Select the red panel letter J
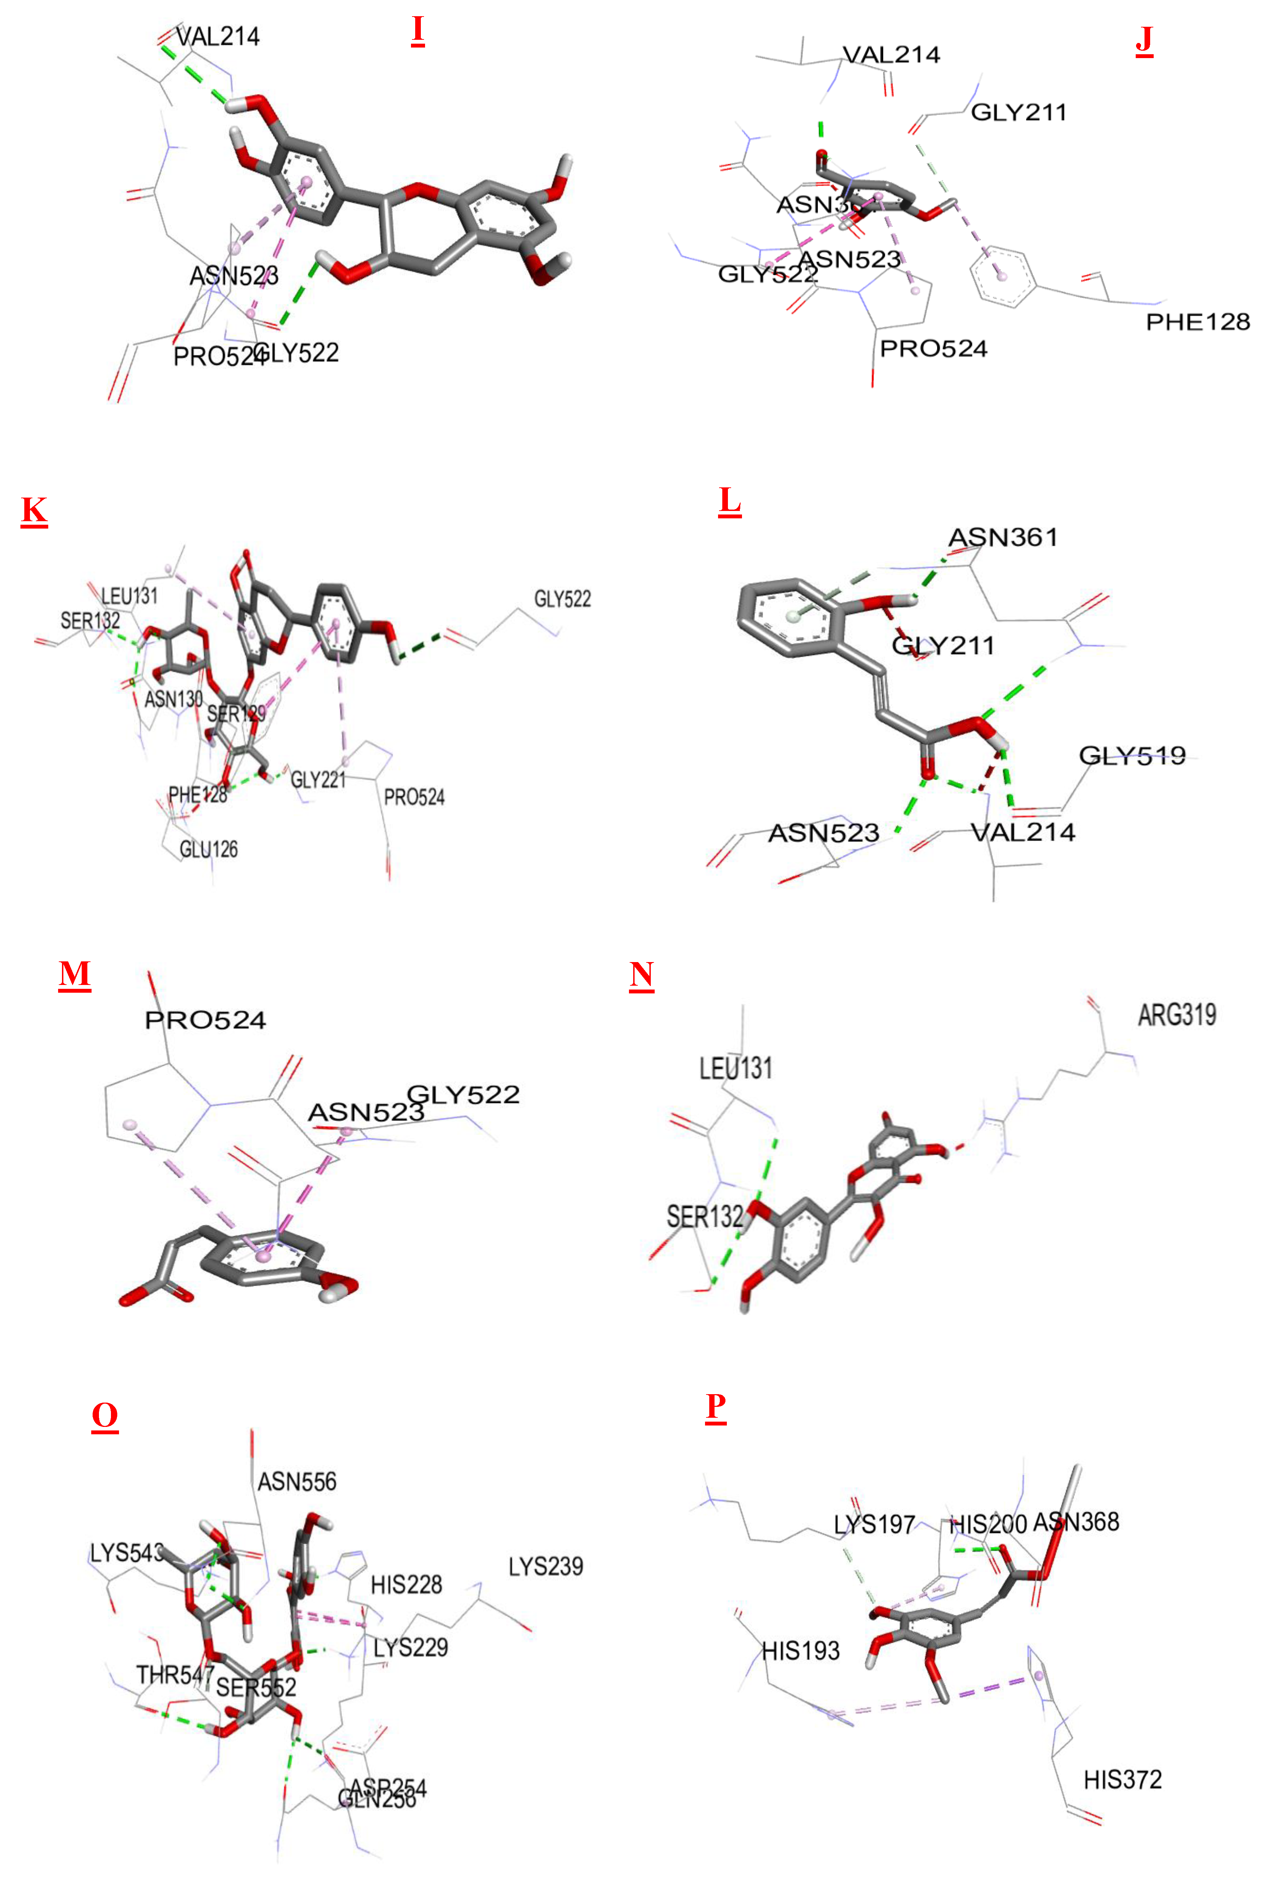point(1144,39)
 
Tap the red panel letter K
point(34,511)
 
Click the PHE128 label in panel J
point(1197,322)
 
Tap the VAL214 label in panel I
point(217,37)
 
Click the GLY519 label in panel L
point(1132,756)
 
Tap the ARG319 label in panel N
point(1176,1014)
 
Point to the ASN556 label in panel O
point(297,1482)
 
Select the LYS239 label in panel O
point(545,1566)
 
